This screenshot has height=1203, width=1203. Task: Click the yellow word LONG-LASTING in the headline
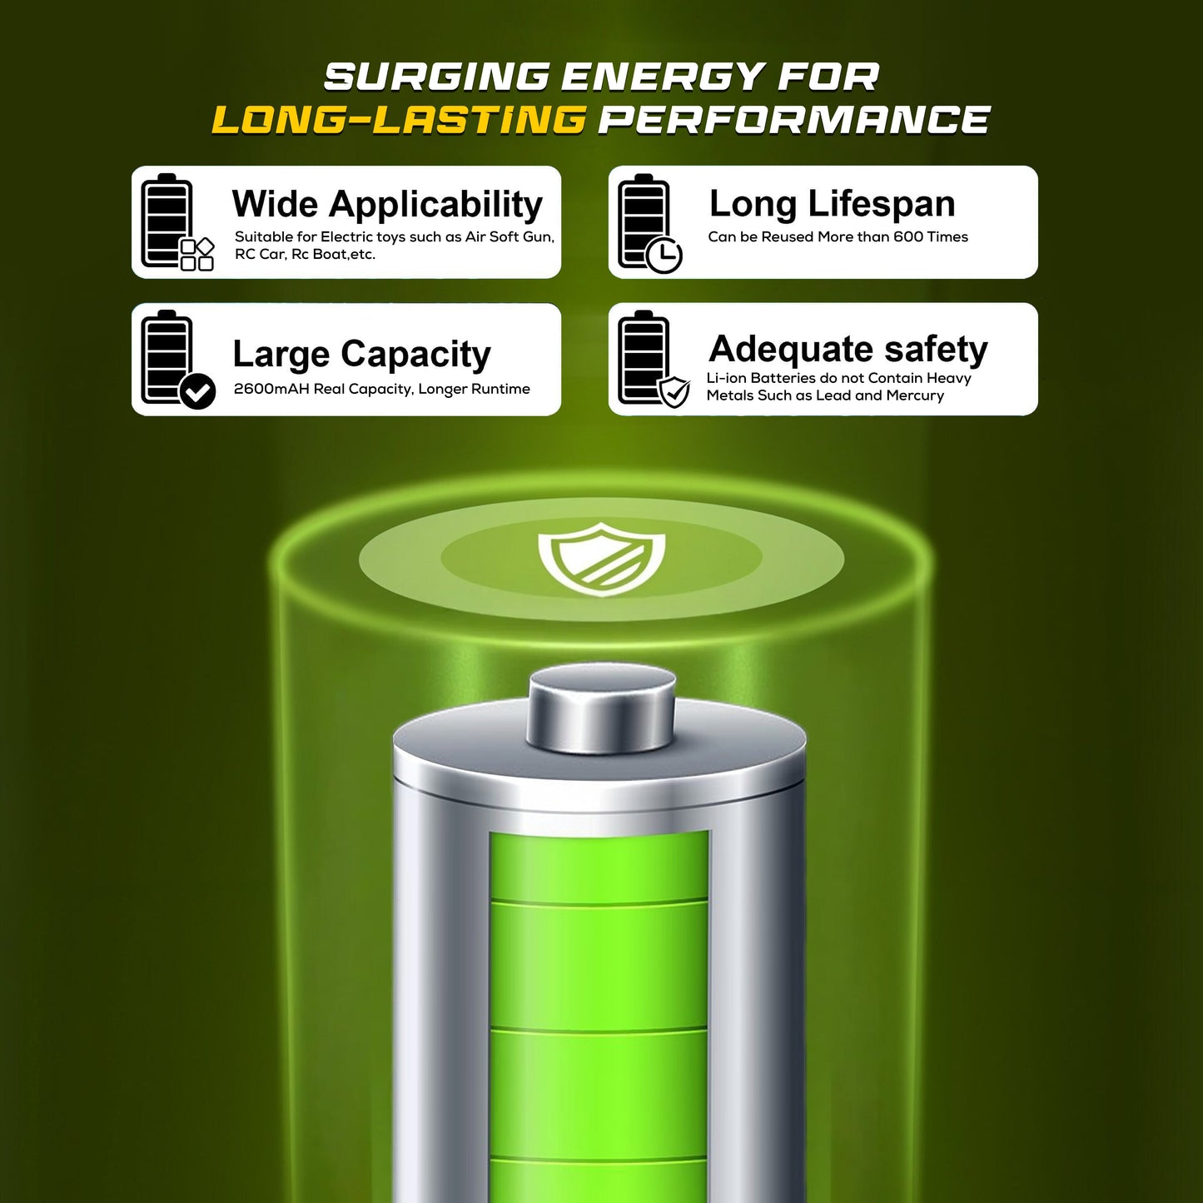click(399, 119)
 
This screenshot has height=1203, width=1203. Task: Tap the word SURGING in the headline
click(436, 77)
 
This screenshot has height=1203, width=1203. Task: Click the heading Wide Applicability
click(387, 205)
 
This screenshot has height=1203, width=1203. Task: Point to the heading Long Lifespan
click(833, 203)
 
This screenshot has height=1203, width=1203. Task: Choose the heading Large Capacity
click(361, 354)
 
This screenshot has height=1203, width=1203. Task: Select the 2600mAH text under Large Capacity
click(271, 389)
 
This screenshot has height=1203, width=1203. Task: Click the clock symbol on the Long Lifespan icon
click(664, 255)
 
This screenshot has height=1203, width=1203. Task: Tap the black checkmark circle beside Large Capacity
click(197, 391)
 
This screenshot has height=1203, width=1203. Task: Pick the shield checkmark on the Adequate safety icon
click(674, 392)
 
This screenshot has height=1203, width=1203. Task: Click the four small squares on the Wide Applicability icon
click(197, 254)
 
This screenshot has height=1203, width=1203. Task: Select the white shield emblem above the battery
click(601, 559)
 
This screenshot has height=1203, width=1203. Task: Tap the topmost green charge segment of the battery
click(599, 866)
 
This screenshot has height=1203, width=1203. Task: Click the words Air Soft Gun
click(510, 237)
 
